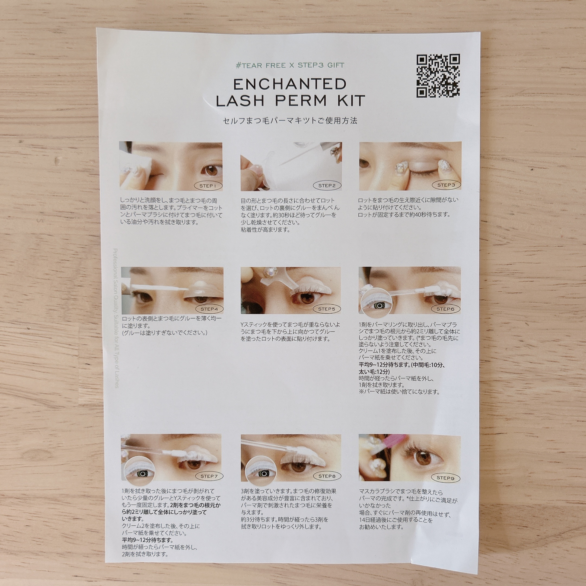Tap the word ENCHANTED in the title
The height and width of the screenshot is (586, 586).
(290, 84)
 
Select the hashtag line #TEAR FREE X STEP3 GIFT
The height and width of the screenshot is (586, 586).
(290, 65)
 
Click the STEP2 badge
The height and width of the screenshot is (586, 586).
(327, 186)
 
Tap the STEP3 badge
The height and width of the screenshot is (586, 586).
(446, 185)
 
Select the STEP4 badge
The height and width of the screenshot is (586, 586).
(209, 309)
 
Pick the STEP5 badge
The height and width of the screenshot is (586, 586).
(326, 309)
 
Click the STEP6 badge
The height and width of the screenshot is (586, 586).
(445, 309)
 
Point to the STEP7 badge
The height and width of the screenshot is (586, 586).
(209, 476)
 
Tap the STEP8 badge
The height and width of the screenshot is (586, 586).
(327, 476)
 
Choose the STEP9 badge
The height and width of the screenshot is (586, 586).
(445, 478)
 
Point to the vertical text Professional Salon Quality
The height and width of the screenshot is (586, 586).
(116, 318)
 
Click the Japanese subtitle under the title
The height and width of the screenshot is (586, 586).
(290, 121)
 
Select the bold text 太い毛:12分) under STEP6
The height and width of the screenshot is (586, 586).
(375, 371)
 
